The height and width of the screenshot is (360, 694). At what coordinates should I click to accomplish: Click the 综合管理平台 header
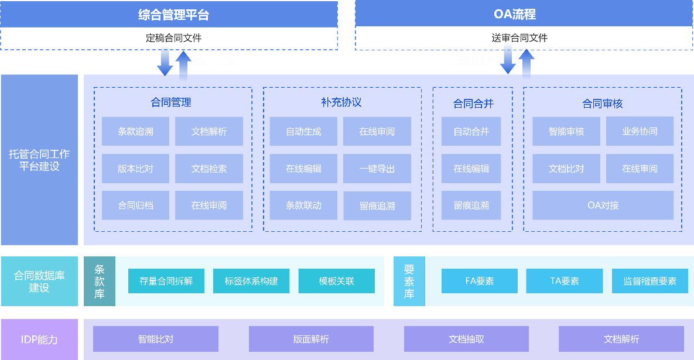[x=169, y=14]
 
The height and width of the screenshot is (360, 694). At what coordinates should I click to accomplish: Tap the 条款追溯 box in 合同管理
[x=135, y=132]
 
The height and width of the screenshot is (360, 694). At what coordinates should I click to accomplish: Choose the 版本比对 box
[x=135, y=169]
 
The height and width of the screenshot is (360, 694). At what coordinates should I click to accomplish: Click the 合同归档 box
[x=135, y=205]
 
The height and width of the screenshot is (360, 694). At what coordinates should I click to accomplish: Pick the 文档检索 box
[x=209, y=169]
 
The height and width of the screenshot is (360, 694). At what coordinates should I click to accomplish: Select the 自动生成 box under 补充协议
[x=303, y=132]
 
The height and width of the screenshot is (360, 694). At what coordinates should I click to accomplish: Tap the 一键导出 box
[x=377, y=169]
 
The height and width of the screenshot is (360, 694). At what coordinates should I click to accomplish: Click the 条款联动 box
[x=303, y=205]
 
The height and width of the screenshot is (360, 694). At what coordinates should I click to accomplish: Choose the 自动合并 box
[x=471, y=132]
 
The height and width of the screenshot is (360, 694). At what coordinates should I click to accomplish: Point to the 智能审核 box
[x=566, y=132]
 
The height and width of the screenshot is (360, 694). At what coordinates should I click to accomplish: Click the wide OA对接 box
[x=603, y=205]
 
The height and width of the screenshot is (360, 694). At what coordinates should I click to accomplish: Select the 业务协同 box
[x=640, y=132]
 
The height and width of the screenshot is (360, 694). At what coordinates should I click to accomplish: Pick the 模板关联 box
[x=336, y=281]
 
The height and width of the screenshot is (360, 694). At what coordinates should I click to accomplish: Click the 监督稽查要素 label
[x=649, y=281]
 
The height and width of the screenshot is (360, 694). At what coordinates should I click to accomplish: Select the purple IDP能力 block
[x=39, y=340]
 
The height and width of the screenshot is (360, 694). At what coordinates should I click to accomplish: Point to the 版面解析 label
[x=311, y=340]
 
